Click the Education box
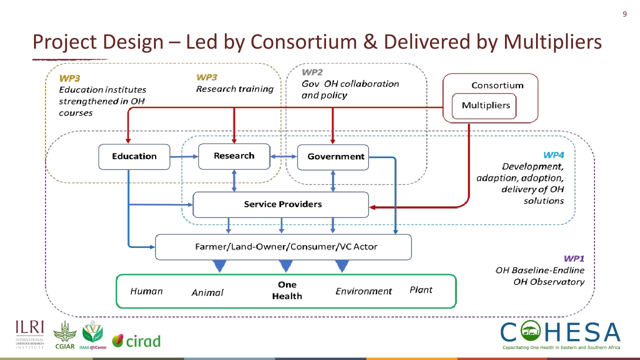(134, 156)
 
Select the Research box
(234, 156)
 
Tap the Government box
(333, 157)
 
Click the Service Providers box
(280, 204)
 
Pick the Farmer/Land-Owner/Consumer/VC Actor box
(283, 247)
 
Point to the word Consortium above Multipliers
(497, 85)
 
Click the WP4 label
(553, 155)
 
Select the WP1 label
(573, 259)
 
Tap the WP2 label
(312, 72)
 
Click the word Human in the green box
(146, 291)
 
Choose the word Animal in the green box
(207, 292)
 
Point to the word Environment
(363, 291)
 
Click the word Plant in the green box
(420, 290)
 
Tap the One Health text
(287, 290)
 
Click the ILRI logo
(30, 334)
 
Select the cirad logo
(136, 341)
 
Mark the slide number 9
(624, 14)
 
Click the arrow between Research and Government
(283, 156)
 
